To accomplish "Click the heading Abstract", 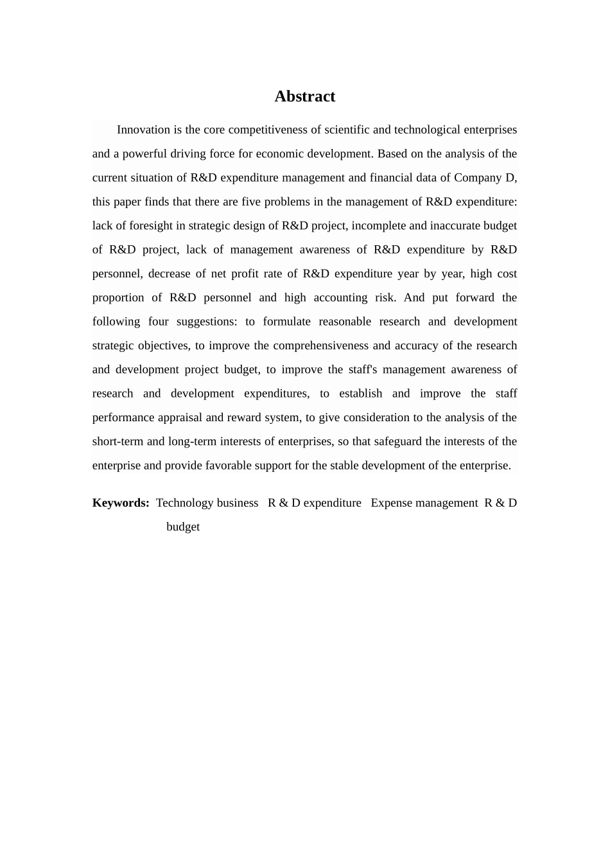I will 304,96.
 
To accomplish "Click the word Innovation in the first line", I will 143,130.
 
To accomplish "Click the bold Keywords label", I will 121,503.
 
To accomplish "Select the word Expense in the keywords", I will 391,503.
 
